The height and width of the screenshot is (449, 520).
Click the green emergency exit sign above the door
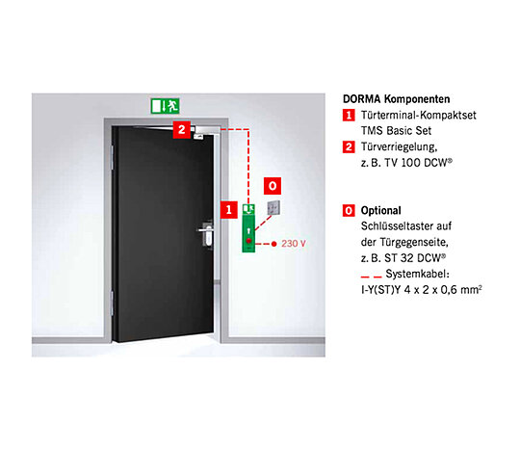(166, 106)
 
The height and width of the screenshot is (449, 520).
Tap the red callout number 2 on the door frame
(181, 129)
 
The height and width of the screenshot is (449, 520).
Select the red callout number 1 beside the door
(229, 210)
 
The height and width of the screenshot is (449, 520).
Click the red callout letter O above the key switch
(273, 186)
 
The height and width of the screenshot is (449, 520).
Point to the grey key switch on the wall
(273, 208)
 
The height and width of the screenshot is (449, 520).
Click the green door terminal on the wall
(248, 228)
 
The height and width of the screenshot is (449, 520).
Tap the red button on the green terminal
(248, 241)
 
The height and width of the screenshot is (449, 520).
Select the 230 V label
(293, 244)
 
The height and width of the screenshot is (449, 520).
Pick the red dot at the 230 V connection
(273, 244)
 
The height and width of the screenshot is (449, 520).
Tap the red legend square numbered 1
(349, 116)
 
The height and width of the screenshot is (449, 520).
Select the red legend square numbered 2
(349, 147)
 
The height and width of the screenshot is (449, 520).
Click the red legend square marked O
(349, 211)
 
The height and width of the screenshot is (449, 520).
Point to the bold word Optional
(381, 211)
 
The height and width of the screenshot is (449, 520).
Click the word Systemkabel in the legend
(417, 274)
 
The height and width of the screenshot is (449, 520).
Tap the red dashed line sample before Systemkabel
(372, 277)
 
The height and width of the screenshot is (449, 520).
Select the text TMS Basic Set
(396, 131)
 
